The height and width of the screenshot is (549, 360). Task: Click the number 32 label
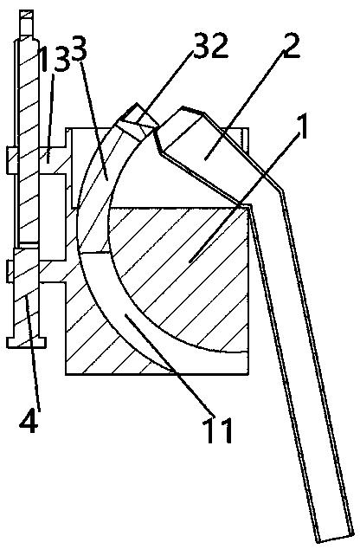(211, 46)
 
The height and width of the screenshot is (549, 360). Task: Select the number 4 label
(29, 420)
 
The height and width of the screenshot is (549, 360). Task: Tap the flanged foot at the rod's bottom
(27, 342)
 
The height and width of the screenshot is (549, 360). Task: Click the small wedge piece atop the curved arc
(138, 119)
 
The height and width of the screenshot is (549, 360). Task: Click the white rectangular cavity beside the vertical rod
(53, 217)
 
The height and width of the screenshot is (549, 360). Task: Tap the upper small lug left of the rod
(10, 160)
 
